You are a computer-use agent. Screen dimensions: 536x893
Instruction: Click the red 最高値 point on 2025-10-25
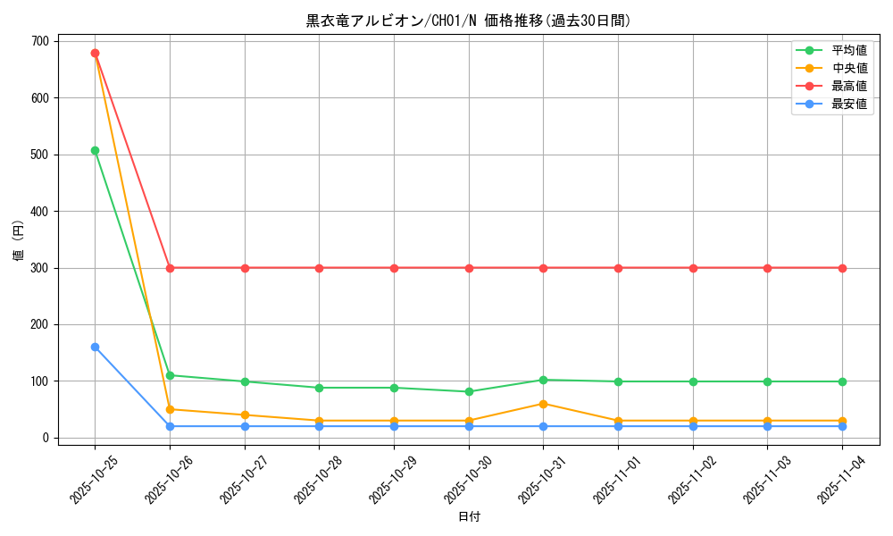tap(95, 53)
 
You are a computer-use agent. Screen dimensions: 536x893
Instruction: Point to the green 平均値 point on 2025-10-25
tap(95, 150)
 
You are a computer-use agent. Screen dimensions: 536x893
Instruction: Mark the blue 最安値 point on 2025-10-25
tap(95, 347)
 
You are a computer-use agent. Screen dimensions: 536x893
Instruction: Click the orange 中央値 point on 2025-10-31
tap(543, 404)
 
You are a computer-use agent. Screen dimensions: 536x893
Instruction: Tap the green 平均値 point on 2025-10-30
tap(469, 391)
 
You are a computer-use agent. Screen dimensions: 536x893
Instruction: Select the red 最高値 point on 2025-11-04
tap(842, 268)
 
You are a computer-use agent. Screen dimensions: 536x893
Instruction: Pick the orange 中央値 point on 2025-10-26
tap(170, 409)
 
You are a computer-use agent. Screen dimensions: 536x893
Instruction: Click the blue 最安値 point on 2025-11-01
tap(618, 426)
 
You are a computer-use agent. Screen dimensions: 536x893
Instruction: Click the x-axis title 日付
tap(469, 517)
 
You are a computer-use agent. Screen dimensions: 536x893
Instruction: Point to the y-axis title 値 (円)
tap(19, 240)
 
